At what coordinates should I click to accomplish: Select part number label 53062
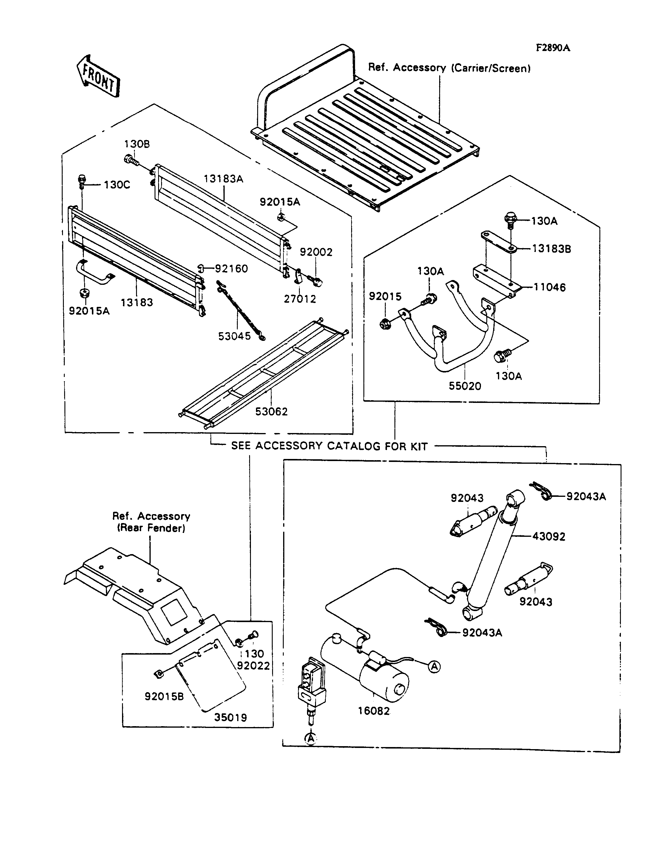pos(271,411)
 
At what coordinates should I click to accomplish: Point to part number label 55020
pos(465,386)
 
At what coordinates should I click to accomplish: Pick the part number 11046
pos(549,287)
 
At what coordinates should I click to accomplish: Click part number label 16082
pos(374,711)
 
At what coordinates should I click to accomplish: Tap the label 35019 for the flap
pos(230,717)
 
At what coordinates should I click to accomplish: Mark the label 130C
pos(117,185)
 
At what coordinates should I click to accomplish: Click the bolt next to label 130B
pos(132,160)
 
